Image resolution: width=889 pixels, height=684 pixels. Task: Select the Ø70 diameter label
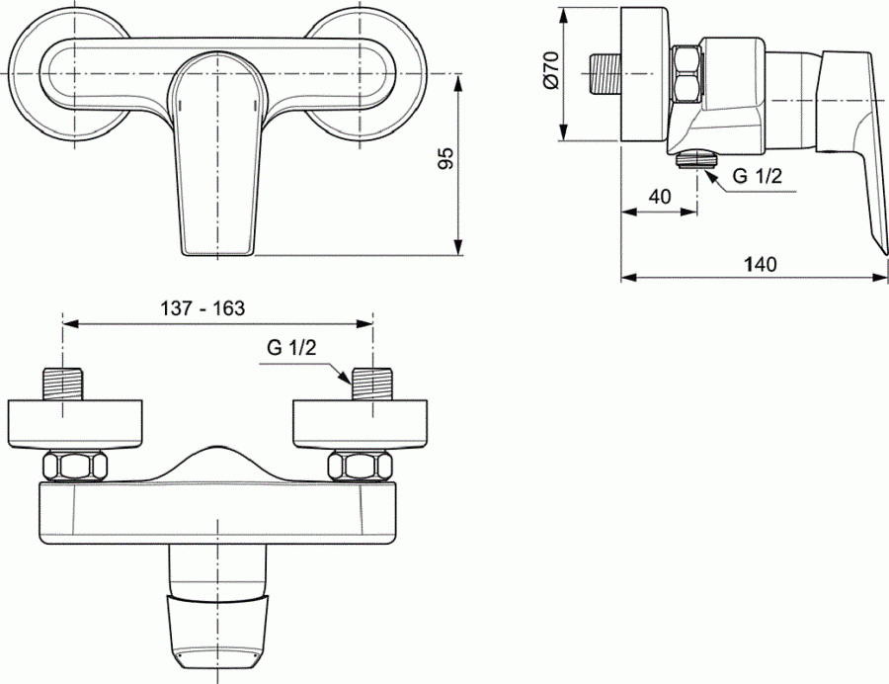click(x=552, y=72)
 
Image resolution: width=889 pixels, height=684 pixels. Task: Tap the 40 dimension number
click(x=660, y=196)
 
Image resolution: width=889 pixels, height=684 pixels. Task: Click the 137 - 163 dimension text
click(x=202, y=307)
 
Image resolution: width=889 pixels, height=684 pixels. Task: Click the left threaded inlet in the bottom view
click(x=64, y=384)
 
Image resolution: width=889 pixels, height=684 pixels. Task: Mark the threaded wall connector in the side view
click(x=603, y=74)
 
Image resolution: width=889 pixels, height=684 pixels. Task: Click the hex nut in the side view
click(x=686, y=76)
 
